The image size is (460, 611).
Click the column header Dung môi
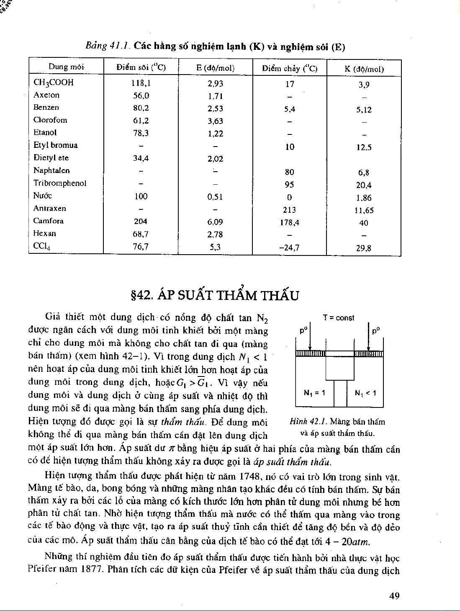[x=66, y=67]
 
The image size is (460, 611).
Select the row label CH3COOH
[x=53, y=82]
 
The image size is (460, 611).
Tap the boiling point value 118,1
[x=141, y=83]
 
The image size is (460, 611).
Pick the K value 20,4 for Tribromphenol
[x=363, y=185]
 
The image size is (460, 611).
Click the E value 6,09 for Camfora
[x=215, y=222]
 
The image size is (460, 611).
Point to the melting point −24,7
[x=289, y=247]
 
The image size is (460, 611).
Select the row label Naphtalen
[x=51, y=170]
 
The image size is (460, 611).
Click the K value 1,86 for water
[x=363, y=198]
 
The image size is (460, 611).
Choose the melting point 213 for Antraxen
[x=289, y=210]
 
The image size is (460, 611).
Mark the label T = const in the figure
[x=339, y=318]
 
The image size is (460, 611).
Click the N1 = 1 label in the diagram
[x=314, y=393]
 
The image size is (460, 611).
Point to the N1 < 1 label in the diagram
[x=365, y=393]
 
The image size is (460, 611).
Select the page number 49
[x=394, y=596]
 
